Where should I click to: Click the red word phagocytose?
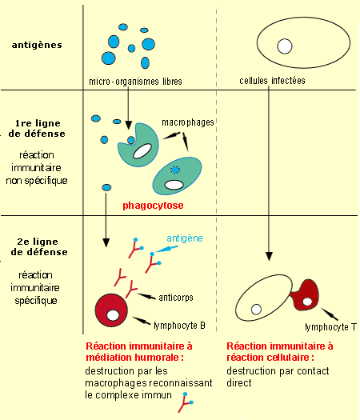pyautogui.click(x=153, y=206)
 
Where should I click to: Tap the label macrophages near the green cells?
pyautogui.click(x=188, y=122)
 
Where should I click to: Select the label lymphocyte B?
pyautogui.click(x=179, y=326)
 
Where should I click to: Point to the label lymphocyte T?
pyautogui.click(x=331, y=327)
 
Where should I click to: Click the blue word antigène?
pyautogui.click(x=185, y=238)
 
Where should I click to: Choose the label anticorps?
pyautogui.click(x=176, y=298)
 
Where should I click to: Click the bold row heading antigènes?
pyautogui.click(x=37, y=45)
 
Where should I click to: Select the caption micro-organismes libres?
pyautogui.click(x=135, y=81)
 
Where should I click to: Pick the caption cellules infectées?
pyautogui.click(x=272, y=80)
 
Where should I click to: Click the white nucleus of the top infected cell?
pyautogui.click(x=285, y=46)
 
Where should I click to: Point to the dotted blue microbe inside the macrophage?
pyautogui.click(x=175, y=170)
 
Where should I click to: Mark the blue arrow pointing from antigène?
pyautogui.click(x=166, y=250)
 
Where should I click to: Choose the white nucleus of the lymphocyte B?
pyautogui.click(x=113, y=315)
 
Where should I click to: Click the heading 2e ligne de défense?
pyautogui.click(x=39, y=246)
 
